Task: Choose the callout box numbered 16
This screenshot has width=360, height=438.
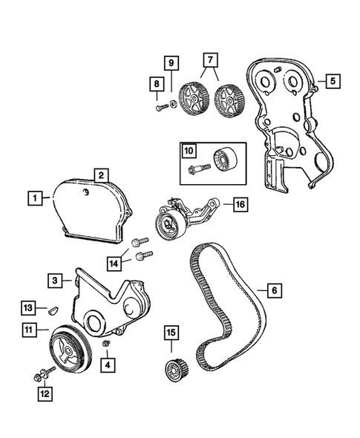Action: (x=238, y=203)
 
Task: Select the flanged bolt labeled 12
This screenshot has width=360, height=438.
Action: (x=38, y=378)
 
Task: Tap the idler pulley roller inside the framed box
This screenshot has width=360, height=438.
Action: (x=222, y=162)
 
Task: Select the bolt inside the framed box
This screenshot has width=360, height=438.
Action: (x=196, y=169)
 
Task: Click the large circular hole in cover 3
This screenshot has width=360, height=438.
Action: (x=95, y=324)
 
